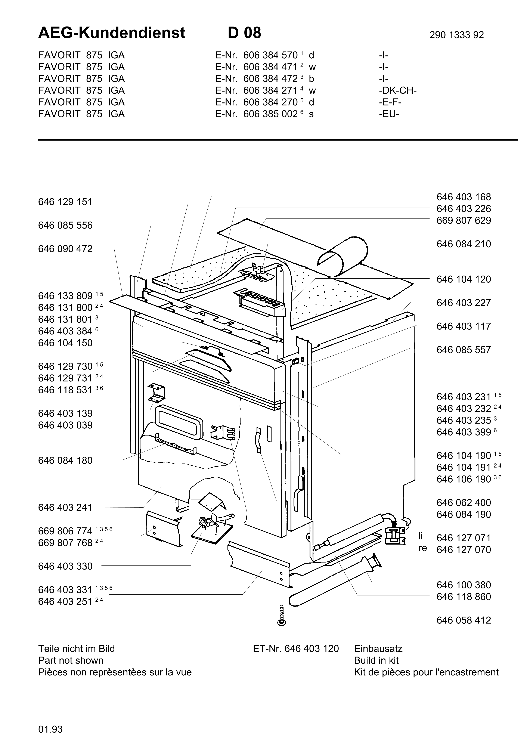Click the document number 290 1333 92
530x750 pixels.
click(456, 35)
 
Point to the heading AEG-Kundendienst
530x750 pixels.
click(112, 33)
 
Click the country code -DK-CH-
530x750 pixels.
click(397, 90)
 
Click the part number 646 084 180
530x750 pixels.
click(65, 461)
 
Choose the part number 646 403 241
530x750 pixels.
click(65, 508)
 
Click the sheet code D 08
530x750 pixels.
click(244, 33)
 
